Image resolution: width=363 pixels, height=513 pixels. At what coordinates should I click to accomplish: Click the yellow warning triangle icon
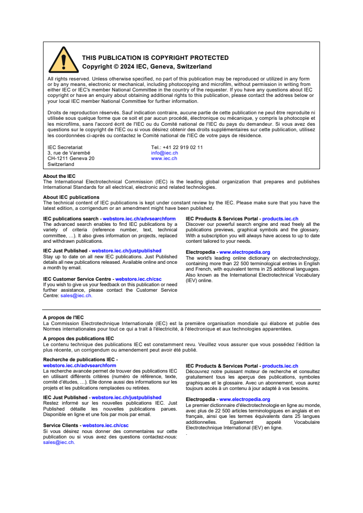(64, 60)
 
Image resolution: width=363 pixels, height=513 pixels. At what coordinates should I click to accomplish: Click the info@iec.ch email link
(164, 153)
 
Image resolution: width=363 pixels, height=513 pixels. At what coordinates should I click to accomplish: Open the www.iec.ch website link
(164, 158)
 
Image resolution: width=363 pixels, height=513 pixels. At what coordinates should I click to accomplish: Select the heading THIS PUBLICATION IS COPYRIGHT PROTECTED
(155, 58)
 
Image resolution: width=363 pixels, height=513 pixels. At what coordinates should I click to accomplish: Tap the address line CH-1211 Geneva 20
(71, 158)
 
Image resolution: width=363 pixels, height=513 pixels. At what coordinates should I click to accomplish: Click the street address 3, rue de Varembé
(69, 153)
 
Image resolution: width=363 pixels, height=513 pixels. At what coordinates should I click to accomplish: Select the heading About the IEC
(60, 176)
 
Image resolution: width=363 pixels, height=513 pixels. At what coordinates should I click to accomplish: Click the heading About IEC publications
(71, 197)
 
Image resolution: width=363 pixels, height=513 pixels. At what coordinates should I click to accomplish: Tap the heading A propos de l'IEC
(63, 317)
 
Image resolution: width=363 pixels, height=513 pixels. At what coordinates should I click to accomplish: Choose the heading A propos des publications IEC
(78, 338)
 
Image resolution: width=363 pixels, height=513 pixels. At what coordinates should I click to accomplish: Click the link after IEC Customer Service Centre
(138, 279)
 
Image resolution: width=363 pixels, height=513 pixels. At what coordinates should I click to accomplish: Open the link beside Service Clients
(105, 425)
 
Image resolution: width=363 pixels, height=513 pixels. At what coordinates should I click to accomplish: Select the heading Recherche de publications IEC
(80, 360)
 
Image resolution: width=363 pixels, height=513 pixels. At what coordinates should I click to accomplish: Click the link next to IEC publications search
(139, 219)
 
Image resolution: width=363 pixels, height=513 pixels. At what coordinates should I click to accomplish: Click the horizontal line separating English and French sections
(182, 310)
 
